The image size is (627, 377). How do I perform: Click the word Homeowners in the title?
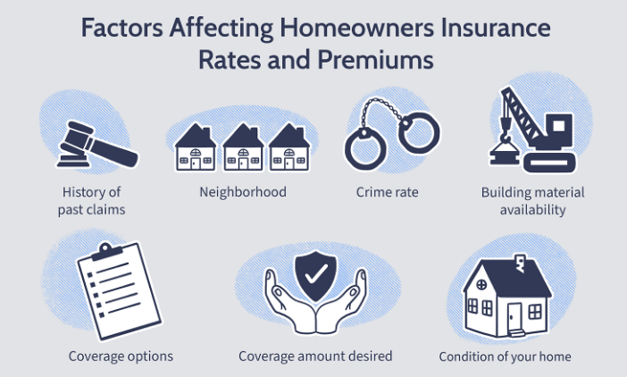[x=356, y=28]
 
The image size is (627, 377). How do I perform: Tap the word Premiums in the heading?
[x=375, y=60]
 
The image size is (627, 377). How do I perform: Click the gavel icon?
[x=96, y=145]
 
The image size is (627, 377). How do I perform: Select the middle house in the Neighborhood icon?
[x=243, y=147]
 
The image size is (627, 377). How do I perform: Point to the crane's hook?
[x=506, y=138]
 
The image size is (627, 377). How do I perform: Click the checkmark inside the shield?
[x=315, y=273]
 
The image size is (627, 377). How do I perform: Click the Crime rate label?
[x=387, y=192]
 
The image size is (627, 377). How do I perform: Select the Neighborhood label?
[x=243, y=192]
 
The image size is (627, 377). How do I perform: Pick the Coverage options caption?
[x=121, y=356]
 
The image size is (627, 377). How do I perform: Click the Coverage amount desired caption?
[x=315, y=356]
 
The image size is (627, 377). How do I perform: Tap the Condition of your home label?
[x=505, y=356]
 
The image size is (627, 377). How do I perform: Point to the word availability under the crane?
[x=532, y=209]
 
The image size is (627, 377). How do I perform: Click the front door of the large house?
[x=514, y=316]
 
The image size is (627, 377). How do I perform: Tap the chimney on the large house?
[x=520, y=263]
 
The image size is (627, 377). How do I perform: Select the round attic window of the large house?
[x=481, y=285]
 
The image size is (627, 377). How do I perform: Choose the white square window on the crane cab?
[x=558, y=126]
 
